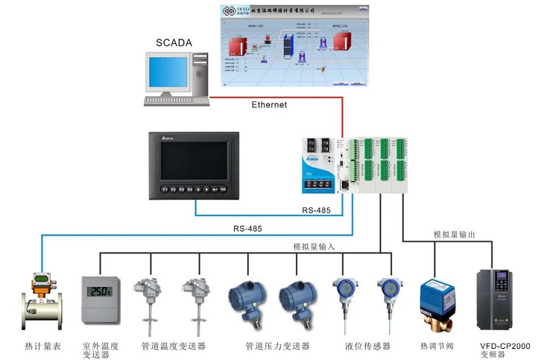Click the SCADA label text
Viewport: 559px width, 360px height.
174,42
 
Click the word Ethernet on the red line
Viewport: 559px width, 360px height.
269,105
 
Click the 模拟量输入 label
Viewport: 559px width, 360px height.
314,247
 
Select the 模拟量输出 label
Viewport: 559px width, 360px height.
454,234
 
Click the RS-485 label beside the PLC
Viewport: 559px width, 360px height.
315,210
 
